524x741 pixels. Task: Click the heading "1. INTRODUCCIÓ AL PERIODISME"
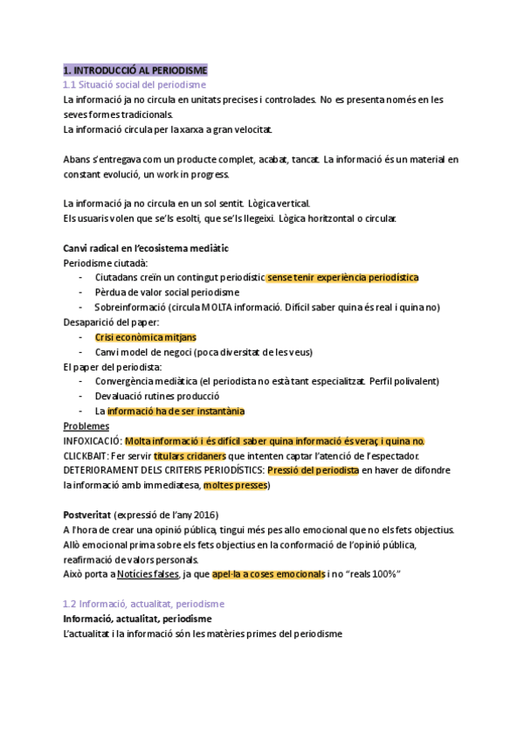pos(135,69)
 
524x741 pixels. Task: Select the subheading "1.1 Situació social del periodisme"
pos(134,85)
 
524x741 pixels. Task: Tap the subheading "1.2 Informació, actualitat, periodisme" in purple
pos(144,604)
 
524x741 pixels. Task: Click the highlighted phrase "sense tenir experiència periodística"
pos(343,278)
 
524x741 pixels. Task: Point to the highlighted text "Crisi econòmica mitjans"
pos(145,336)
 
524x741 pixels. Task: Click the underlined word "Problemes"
pos(86,426)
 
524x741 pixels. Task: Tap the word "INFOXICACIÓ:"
pos(93,440)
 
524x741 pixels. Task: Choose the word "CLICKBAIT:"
pos(86,455)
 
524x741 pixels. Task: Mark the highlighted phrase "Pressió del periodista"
pos(313,470)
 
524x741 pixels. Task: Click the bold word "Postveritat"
pos(88,515)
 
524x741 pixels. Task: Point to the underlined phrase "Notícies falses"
pos(144,574)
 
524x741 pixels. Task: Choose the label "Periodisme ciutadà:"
pos(106,263)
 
